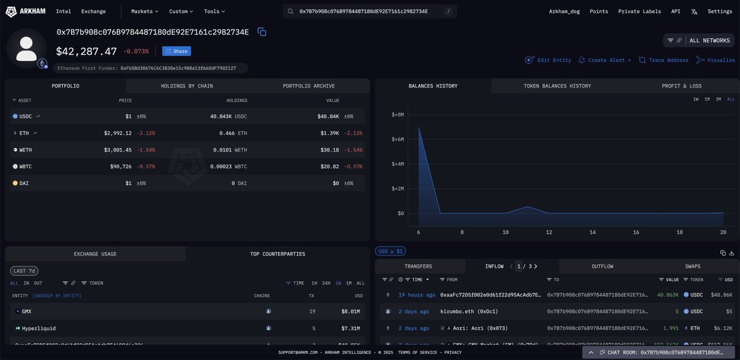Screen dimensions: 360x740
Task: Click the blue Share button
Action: click(x=176, y=51)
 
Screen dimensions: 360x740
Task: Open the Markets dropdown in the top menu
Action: click(x=144, y=11)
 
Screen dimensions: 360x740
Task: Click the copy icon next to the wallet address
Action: click(x=261, y=32)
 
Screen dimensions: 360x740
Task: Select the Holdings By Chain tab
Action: click(x=187, y=86)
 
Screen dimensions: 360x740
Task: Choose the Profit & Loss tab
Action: click(x=681, y=86)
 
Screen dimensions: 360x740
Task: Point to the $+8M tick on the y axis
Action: click(x=398, y=115)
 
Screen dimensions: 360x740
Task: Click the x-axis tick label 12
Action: click(x=549, y=232)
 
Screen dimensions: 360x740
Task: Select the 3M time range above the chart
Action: click(x=718, y=99)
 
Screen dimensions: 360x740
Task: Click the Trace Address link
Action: click(x=664, y=60)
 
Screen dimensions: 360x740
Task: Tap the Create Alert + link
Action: click(x=605, y=60)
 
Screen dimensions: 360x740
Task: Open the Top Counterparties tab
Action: click(x=277, y=253)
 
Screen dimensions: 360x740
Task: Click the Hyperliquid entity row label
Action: click(x=39, y=328)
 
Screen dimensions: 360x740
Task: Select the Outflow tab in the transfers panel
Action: click(x=602, y=266)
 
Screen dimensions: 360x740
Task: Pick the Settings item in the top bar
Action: click(x=720, y=11)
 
